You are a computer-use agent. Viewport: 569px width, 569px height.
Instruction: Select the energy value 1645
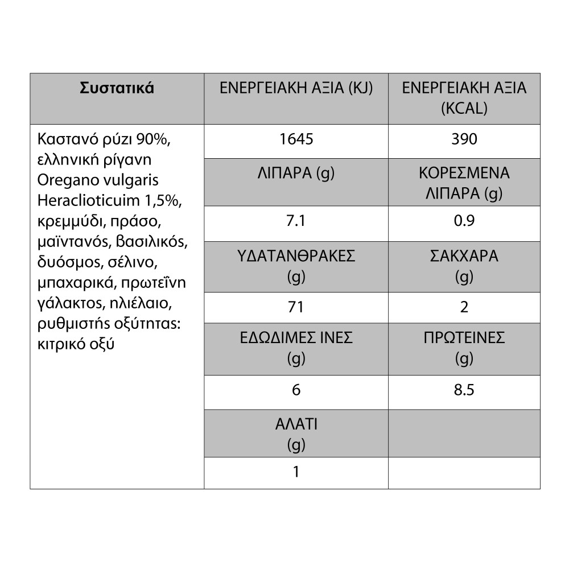click(296, 139)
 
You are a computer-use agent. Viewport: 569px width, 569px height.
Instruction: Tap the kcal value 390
click(464, 139)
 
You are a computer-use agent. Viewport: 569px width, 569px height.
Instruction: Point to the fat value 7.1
click(296, 221)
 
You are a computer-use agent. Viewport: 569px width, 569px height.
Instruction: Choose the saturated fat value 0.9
click(464, 221)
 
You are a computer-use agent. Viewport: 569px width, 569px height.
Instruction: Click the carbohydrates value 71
click(296, 308)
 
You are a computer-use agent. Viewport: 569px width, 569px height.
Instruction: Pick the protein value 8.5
click(464, 390)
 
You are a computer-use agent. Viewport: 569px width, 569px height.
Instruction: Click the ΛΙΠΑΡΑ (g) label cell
click(296, 174)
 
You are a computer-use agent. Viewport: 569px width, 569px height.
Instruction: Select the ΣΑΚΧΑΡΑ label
click(464, 256)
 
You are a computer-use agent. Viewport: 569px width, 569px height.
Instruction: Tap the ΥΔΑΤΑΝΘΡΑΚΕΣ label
click(296, 256)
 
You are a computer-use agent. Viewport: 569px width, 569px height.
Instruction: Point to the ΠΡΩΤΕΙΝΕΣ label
click(464, 338)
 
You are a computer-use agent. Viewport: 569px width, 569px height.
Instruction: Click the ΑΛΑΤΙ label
click(296, 424)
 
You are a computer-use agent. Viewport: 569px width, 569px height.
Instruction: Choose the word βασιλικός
click(151, 242)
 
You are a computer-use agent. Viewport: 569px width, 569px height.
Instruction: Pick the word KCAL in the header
click(464, 109)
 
